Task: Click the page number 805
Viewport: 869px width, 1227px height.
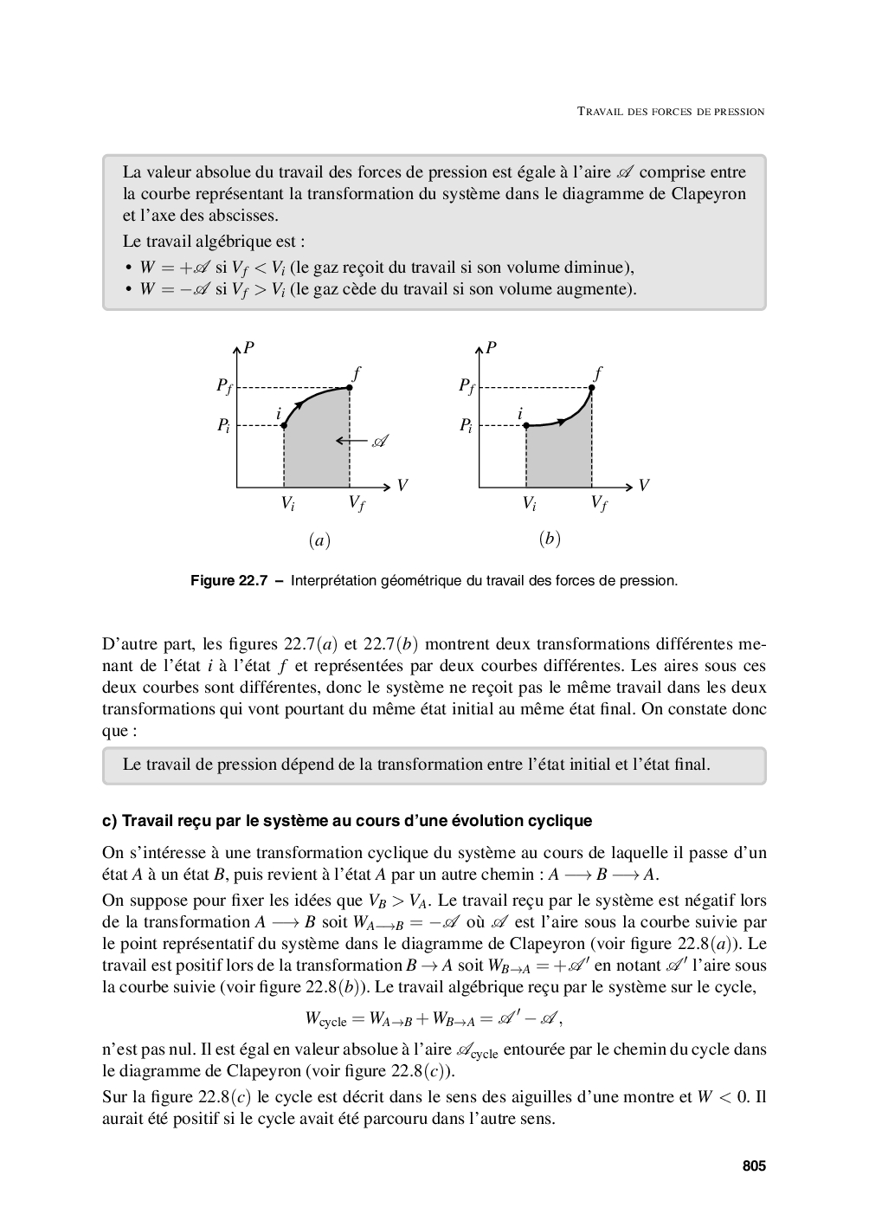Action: (x=754, y=1166)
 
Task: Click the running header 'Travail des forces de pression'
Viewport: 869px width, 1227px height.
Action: (x=671, y=112)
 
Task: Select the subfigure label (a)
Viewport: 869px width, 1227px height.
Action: (x=319, y=540)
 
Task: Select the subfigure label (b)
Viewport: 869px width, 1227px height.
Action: (x=550, y=539)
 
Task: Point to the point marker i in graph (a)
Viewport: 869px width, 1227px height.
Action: (x=285, y=425)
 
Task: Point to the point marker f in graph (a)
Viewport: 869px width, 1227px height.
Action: (x=350, y=387)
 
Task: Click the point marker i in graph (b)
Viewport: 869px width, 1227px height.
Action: (x=526, y=425)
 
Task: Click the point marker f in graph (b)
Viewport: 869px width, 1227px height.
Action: (x=592, y=387)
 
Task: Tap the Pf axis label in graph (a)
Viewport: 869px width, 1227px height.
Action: (x=224, y=387)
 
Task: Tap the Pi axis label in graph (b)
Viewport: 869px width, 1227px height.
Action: (x=466, y=425)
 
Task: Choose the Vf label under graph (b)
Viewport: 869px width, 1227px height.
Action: (x=598, y=503)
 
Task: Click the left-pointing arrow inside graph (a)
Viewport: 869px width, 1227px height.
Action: (x=350, y=442)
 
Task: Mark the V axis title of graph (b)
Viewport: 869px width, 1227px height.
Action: (x=643, y=486)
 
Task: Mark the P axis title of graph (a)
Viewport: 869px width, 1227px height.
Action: (x=249, y=348)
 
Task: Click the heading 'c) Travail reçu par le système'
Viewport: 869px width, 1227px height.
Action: (x=347, y=820)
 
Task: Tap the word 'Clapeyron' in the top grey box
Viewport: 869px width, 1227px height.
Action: (x=708, y=193)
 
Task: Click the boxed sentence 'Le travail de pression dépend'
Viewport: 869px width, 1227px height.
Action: (x=416, y=765)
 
